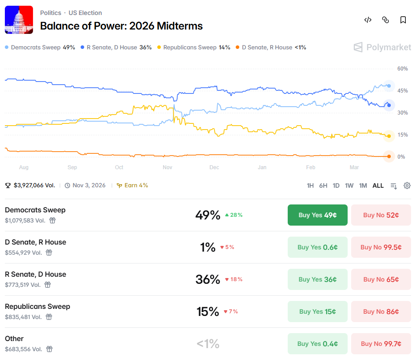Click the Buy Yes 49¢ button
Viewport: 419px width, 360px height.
[x=317, y=215]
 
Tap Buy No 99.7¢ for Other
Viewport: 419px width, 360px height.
[x=381, y=344]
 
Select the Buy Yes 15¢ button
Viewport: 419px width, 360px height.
[x=317, y=312]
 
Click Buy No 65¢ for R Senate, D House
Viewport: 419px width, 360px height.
[x=381, y=279]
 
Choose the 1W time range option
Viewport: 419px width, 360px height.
[x=349, y=186]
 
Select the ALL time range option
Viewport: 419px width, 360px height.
[x=378, y=186]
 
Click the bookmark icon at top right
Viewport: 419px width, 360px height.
[x=403, y=20]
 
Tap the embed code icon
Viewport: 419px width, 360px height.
[x=368, y=20]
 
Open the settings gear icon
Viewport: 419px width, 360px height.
[x=407, y=186]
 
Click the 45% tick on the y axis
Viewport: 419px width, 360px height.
[x=403, y=91]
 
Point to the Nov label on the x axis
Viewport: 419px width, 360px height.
[x=167, y=167]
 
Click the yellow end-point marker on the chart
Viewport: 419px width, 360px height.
[x=389, y=136]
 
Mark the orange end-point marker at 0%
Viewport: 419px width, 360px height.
[x=389, y=156]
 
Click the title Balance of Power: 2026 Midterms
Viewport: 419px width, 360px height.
[x=121, y=26]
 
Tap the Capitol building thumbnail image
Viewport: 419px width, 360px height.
[x=19, y=20]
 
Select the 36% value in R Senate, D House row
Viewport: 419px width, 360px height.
[x=208, y=279]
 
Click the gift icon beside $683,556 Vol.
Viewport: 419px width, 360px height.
[x=49, y=349]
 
